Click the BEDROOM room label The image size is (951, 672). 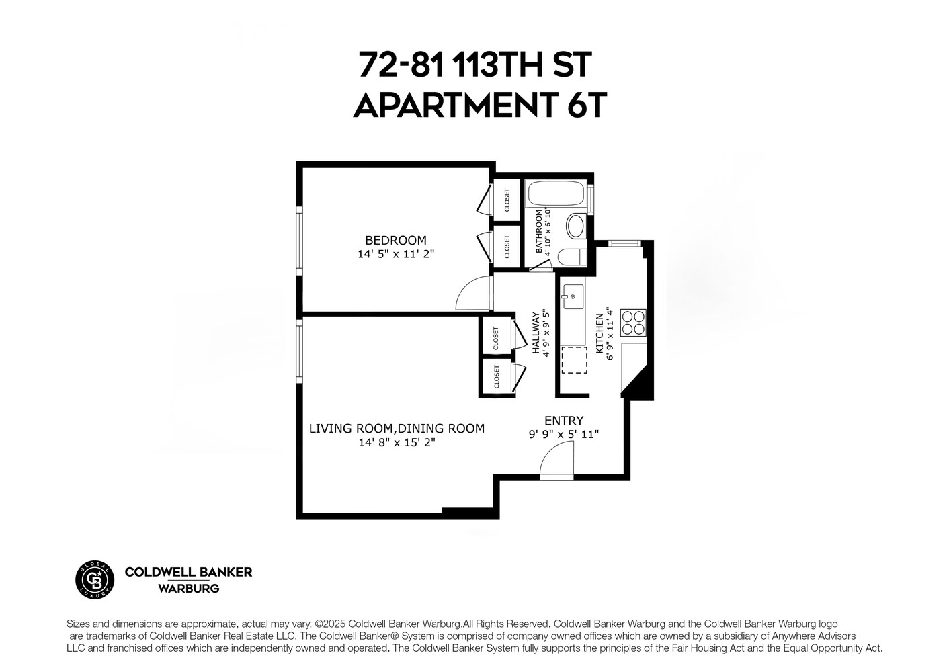395,240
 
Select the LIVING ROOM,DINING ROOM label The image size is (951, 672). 397,429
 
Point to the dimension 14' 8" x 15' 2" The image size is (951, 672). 397,442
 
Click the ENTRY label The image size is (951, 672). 563,421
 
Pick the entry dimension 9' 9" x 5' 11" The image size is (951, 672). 563,434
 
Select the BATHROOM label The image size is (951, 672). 539,230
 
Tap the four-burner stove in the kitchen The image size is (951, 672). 633,322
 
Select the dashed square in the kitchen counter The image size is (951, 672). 573,360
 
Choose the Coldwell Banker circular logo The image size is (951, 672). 94,579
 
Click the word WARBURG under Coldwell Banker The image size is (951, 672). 188,589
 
